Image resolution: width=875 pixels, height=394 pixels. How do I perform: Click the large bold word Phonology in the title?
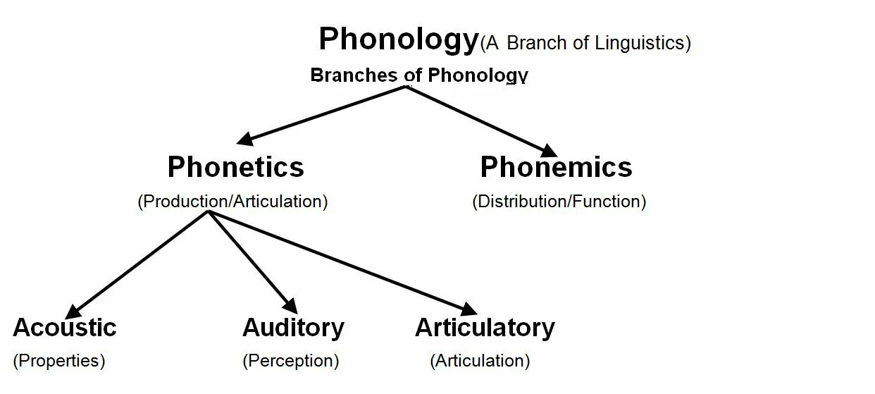tap(398, 39)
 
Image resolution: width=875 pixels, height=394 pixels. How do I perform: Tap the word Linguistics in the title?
tap(639, 43)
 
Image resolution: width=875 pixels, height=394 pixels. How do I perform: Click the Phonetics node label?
tap(236, 167)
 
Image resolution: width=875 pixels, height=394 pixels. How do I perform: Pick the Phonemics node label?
tap(556, 167)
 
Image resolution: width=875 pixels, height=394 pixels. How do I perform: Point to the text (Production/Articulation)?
tap(232, 202)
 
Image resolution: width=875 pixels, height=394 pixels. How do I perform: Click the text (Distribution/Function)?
tap(559, 202)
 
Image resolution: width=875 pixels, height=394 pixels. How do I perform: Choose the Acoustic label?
tap(64, 328)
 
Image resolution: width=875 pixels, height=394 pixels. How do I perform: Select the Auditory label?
tap(293, 328)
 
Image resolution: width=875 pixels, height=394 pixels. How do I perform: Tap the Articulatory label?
tap(485, 328)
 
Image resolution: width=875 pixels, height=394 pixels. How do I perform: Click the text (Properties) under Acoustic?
tap(59, 361)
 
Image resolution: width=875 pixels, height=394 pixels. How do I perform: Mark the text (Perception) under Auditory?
tap(290, 361)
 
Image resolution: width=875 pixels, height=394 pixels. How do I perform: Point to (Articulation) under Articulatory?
tap(480, 361)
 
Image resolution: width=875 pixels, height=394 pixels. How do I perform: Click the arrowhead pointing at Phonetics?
tap(246, 140)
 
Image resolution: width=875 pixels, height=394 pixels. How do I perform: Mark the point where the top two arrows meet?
tap(406, 87)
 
